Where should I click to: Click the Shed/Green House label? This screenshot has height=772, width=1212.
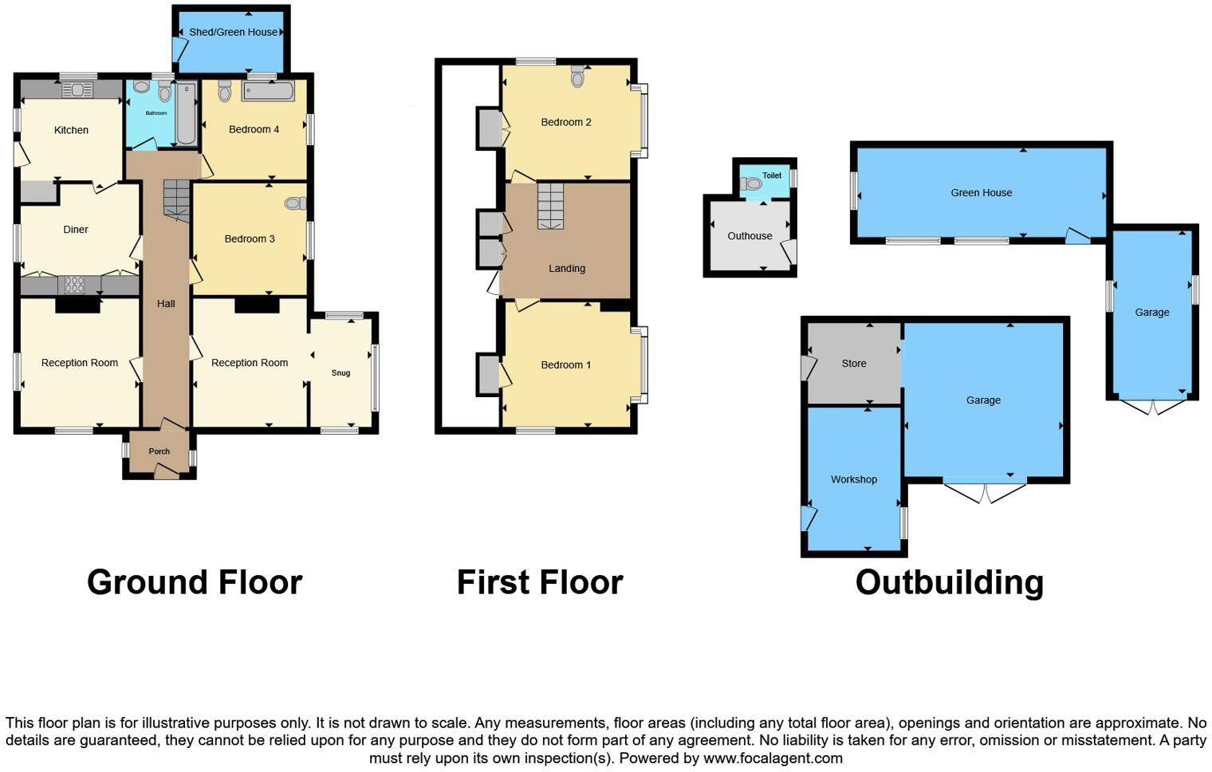[x=233, y=32]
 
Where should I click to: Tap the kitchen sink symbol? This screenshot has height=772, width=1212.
[x=77, y=90]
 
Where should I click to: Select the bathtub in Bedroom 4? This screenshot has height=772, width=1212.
[x=269, y=92]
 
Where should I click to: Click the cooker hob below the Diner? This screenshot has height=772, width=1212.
[x=74, y=285]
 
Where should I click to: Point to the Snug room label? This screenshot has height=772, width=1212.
[x=340, y=372]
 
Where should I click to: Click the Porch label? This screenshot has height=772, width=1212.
[x=159, y=451]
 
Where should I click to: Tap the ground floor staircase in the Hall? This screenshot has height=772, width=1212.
[x=177, y=199]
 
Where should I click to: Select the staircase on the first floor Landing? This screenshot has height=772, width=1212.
[x=550, y=206]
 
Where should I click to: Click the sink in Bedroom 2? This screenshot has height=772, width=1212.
[x=578, y=77]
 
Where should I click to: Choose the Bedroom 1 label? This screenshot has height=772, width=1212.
[x=565, y=364]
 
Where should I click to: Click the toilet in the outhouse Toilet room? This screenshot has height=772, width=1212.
[x=752, y=184]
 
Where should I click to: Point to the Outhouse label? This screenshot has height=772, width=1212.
[x=750, y=236]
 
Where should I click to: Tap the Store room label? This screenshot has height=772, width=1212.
[x=853, y=363]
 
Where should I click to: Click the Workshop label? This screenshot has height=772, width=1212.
[x=853, y=479]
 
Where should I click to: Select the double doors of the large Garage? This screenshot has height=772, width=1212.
[x=984, y=492]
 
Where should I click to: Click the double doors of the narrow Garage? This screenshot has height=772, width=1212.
[x=1152, y=407]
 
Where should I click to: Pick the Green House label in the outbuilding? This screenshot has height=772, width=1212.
[x=981, y=192]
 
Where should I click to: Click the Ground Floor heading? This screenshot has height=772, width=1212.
[x=195, y=582]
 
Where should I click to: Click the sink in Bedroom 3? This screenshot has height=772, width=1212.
[x=294, y=204]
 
